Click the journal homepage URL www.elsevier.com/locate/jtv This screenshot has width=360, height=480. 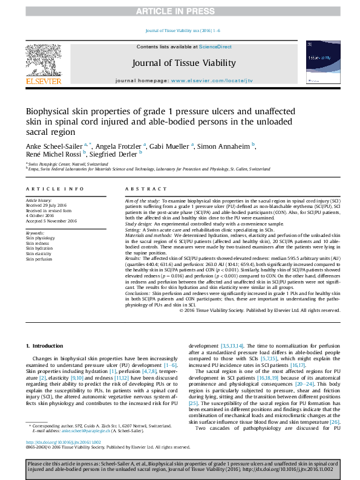pyautogui.click(x=204, y=80)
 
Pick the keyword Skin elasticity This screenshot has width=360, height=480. pyautogui.click(x=38, y=254)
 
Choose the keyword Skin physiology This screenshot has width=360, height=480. pyautogui.click(x=39, y=238)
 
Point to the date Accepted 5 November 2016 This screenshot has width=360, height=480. pyautogui.click(x=51, y=221)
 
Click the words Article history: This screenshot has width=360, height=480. pyautogui.click(x=39, y=200)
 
